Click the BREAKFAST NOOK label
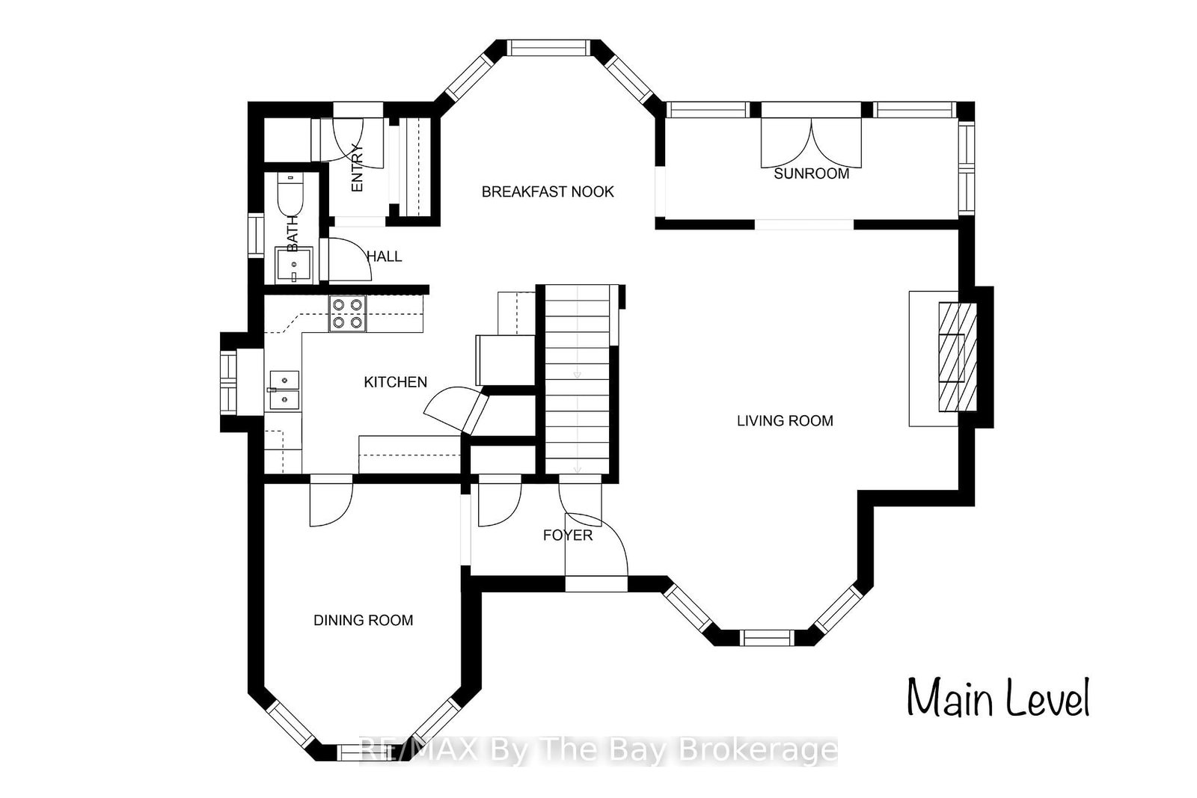(548, 191)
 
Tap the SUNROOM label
(811, 174)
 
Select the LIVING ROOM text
(785, 421)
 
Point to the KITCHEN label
(396, 382)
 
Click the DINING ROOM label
(364, 620)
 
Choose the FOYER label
(568, 535)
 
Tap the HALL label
(385, 257)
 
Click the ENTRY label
(357, 168)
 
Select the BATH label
(293, 233)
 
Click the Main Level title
(998, 698)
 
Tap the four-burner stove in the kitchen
(348, 313)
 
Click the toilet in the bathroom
(290, 194)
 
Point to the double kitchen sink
(284, 390)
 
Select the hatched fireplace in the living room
(958, 357)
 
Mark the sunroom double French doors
(811, 143)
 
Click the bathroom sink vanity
(294, 265)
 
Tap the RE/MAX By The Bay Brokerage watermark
(598, 750)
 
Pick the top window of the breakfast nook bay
(549, 48)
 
